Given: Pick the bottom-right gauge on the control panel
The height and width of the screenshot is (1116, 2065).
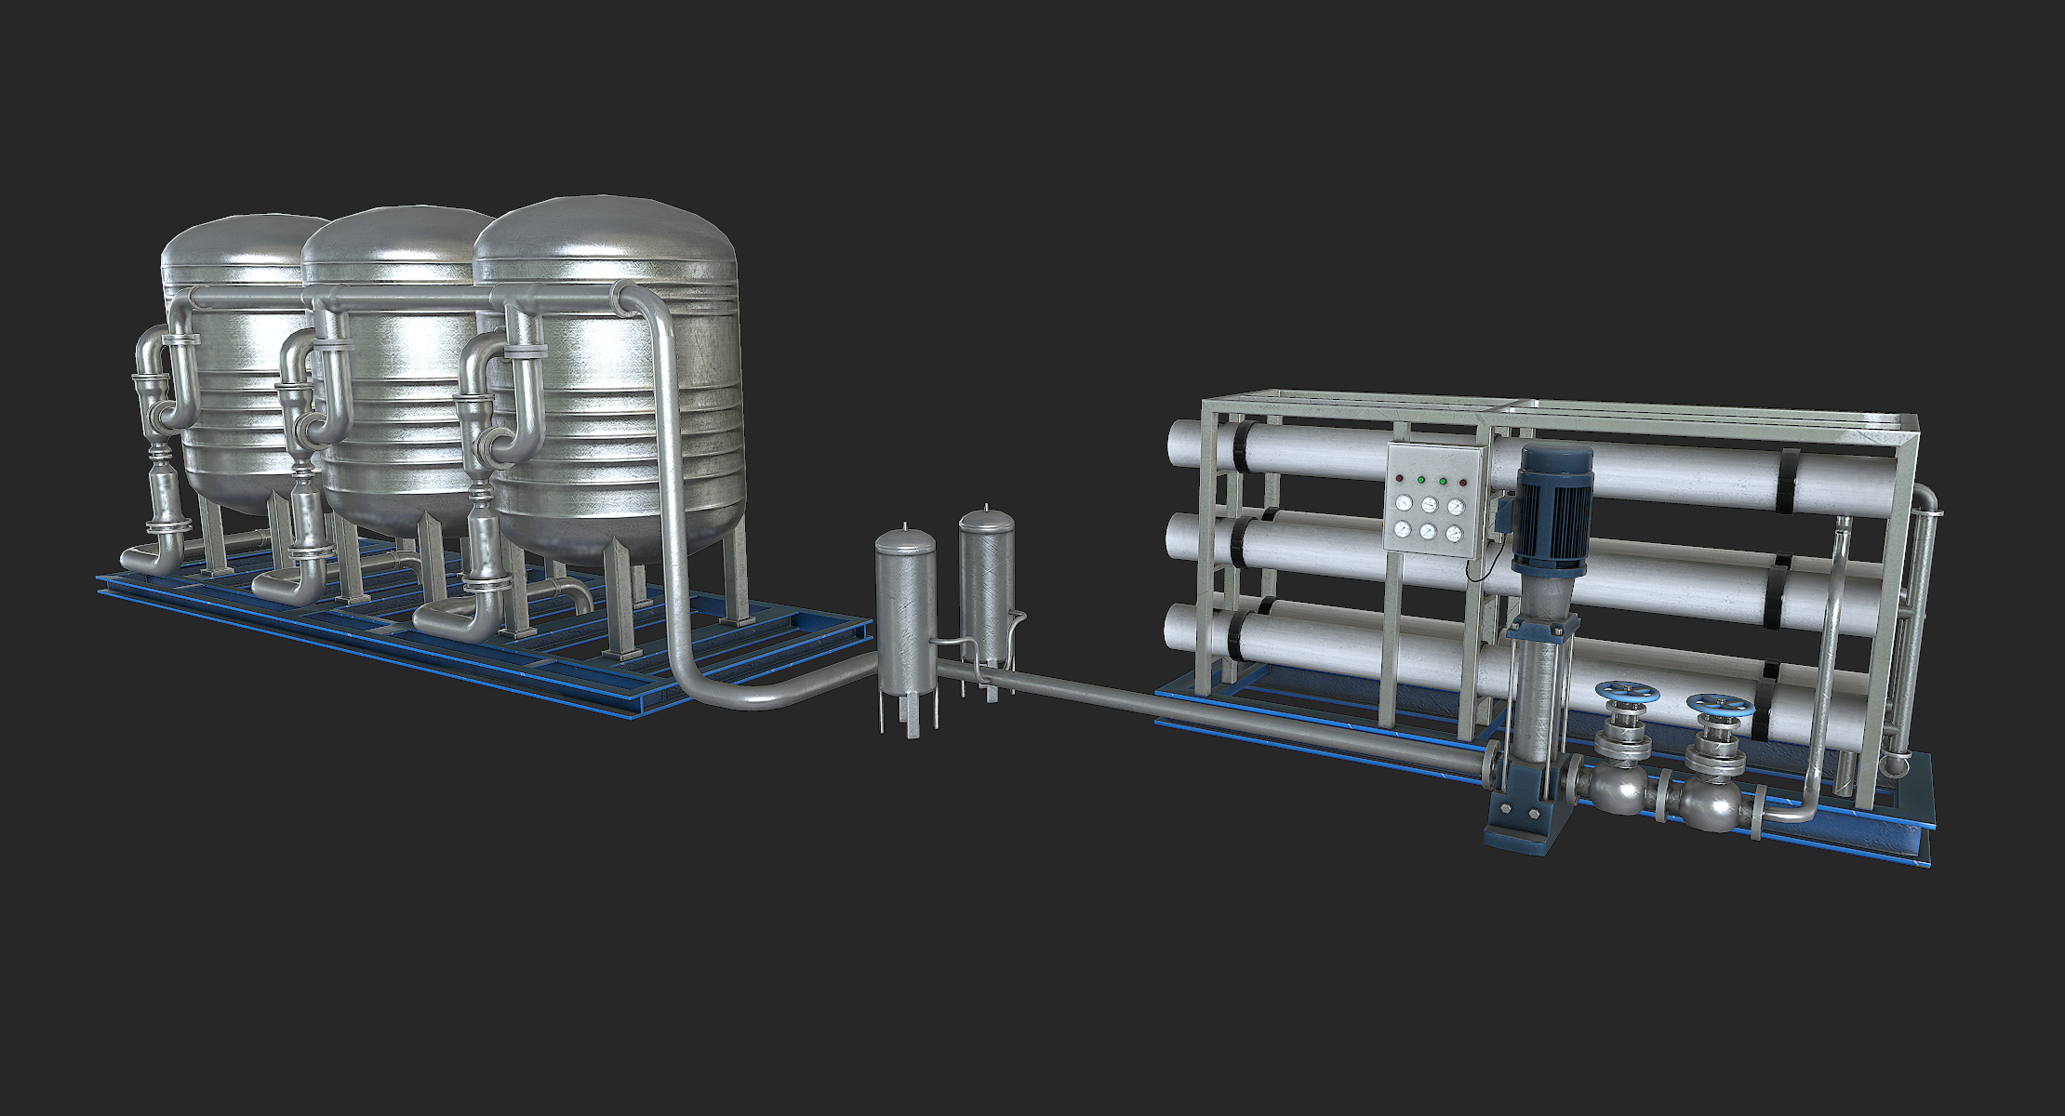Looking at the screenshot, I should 1455,534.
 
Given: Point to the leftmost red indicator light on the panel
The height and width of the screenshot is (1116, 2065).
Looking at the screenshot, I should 1399,479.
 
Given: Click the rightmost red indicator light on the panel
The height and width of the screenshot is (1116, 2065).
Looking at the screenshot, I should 1463,483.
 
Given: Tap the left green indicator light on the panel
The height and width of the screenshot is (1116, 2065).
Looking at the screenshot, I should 1420,480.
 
